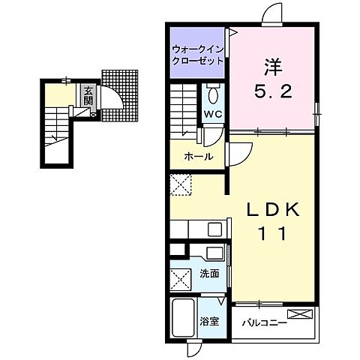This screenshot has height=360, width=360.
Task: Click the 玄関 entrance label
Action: [x=88, y=96]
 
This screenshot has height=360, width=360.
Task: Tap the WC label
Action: [x=213, y=114]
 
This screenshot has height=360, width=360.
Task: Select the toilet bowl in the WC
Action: [x=213, y=95]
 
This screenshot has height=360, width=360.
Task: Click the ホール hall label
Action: [x=199, y=157]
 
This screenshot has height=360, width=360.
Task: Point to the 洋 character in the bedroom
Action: [x=273, y=67]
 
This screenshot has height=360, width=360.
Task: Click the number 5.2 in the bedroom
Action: [x=273, y=91]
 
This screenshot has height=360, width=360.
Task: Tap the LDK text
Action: [x=273, y=209]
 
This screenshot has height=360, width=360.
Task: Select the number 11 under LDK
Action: [x=272, y=233]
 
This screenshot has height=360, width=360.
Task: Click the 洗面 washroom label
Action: [x=209, y=274]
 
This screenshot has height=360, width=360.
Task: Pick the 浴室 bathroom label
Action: [x=209, y=322]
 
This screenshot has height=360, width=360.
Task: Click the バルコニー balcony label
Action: [x=264, y=323]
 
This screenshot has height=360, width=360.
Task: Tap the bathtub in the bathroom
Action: [x=184, y=318]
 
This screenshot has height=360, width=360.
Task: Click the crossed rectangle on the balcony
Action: [x=300, y=314]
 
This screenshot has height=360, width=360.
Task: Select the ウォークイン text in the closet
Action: [x=197, y=49]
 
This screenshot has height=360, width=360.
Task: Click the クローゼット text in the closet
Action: [x=197, y=61]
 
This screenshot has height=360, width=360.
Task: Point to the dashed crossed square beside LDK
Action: [x=181, y=184]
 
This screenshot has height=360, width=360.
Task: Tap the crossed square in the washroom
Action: [x=181, y=280]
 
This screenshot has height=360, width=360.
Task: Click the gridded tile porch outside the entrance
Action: [x=120, y=96]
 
